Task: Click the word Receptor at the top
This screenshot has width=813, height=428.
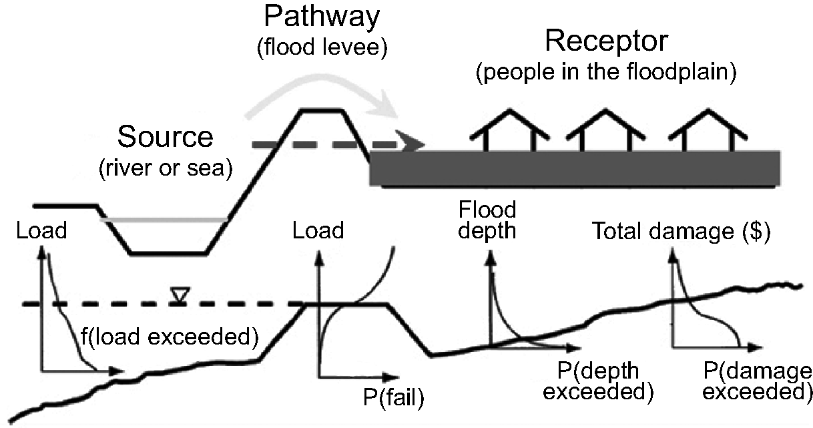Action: tap(606, 41)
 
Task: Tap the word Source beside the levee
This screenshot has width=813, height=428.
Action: tap(165, 137)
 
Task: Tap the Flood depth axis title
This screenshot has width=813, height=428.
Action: tap(487, 220)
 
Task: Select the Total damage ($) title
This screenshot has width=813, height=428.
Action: tap(681, 232)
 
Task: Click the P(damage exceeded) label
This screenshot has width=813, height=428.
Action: tap(754, 380)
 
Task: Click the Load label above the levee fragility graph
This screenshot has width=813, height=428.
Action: tap(318, 231)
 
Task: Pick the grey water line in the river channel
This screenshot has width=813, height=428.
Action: tap(164, 218)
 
